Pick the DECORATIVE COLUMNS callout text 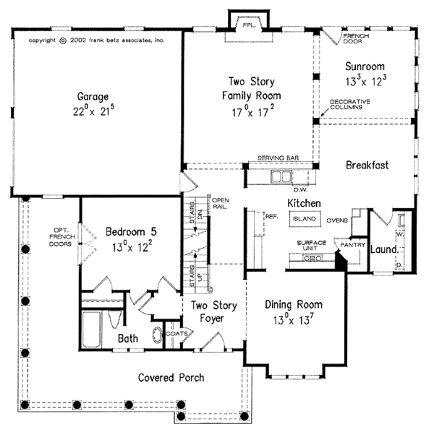[x=349, y=104]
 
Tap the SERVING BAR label [x=278, y=158]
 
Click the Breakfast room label [x=367, y=166]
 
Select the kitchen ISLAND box [x=303, y=218]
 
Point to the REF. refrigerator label [x=272, y=215]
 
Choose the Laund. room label [x=384, y=250]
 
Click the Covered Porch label [x=171, y=377]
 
